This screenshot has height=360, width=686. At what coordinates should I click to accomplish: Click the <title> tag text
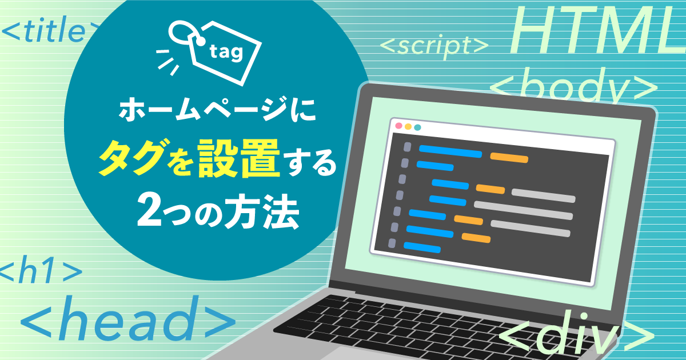click(x=50, y=32)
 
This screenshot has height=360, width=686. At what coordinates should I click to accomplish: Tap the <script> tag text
click(x=434, y=46)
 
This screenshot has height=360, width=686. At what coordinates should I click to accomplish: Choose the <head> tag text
click(x=128, y=318)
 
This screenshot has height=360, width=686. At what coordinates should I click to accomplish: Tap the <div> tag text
click(x=576, y=335)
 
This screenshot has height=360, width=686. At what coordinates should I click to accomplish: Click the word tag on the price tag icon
click(x=226, y=52)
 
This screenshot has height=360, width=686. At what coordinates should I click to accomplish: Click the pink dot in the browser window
click(x=399, y=126)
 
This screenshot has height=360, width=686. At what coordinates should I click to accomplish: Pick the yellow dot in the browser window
click(x=408, y=127)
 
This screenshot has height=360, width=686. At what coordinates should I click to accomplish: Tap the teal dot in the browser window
click(x=417, y=127)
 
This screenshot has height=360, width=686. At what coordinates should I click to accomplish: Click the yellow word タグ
click(x=131, y=157)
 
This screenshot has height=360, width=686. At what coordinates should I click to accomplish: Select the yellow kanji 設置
click(x=239, y=158)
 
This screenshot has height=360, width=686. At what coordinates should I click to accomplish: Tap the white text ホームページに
click(x=217, y=109)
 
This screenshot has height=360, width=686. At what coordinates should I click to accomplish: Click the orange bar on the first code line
click(x=509, y=157)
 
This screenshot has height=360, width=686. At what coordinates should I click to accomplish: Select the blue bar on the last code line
click(x=422, y=247)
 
